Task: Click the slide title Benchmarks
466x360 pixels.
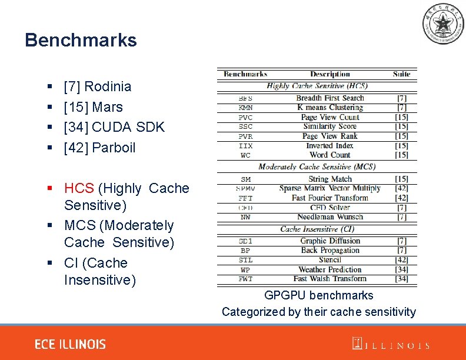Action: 81,40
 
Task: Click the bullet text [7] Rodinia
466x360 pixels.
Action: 97,86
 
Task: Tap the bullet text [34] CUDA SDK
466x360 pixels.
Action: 114,127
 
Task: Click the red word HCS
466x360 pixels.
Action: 79,188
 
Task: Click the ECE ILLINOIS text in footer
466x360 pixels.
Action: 70,344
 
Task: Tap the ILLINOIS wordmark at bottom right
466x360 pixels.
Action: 391,345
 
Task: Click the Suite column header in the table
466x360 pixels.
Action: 401,74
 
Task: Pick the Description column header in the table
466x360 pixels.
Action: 329,74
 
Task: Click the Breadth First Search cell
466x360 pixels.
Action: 329,98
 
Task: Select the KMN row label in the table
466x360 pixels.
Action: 246,108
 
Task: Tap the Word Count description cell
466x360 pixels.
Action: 329,155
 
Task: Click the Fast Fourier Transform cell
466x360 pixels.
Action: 329,198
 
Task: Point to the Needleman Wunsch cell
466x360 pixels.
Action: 329,216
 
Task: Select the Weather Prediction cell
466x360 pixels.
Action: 329,269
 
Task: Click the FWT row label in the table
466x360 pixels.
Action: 245,279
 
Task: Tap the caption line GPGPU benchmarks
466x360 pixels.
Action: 318,295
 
